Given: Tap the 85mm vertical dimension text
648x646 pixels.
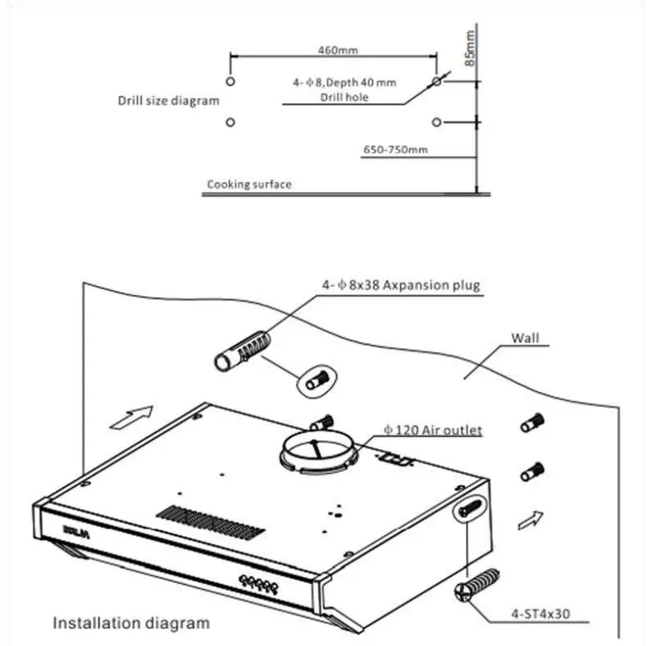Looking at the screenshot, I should pyautogui.click(x=471, y=47).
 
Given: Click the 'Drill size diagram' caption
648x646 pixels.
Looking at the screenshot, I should pyautogui.click(x=168, y=101).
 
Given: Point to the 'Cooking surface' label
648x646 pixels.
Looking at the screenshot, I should pyautogui.click(x=249, y=184).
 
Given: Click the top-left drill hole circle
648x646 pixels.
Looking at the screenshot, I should pyautogui.click(x=230, y=82).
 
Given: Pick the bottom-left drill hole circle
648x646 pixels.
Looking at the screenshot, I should pyautogui.click(x=230, y=122).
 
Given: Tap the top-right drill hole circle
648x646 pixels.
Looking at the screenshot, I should pyautogui.click(x=436, y=82).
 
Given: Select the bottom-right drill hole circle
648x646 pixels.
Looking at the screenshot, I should pyautogui.click(x=436, y=122).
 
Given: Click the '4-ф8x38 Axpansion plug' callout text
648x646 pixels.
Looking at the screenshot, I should pyautogui.click(x=401, y=285).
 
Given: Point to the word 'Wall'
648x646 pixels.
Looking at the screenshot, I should pyautogui.click(x=526, y=338).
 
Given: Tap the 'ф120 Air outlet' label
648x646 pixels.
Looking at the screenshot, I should pyautogui.click(x=434, y=431).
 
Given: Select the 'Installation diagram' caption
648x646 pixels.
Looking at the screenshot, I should pyautogui.click(x=131, y=622).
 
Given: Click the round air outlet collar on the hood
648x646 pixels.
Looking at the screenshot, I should pyautogui.click(x=319, y=452).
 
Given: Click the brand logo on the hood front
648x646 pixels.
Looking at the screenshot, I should pyautogui.click(x=73, y=530).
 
